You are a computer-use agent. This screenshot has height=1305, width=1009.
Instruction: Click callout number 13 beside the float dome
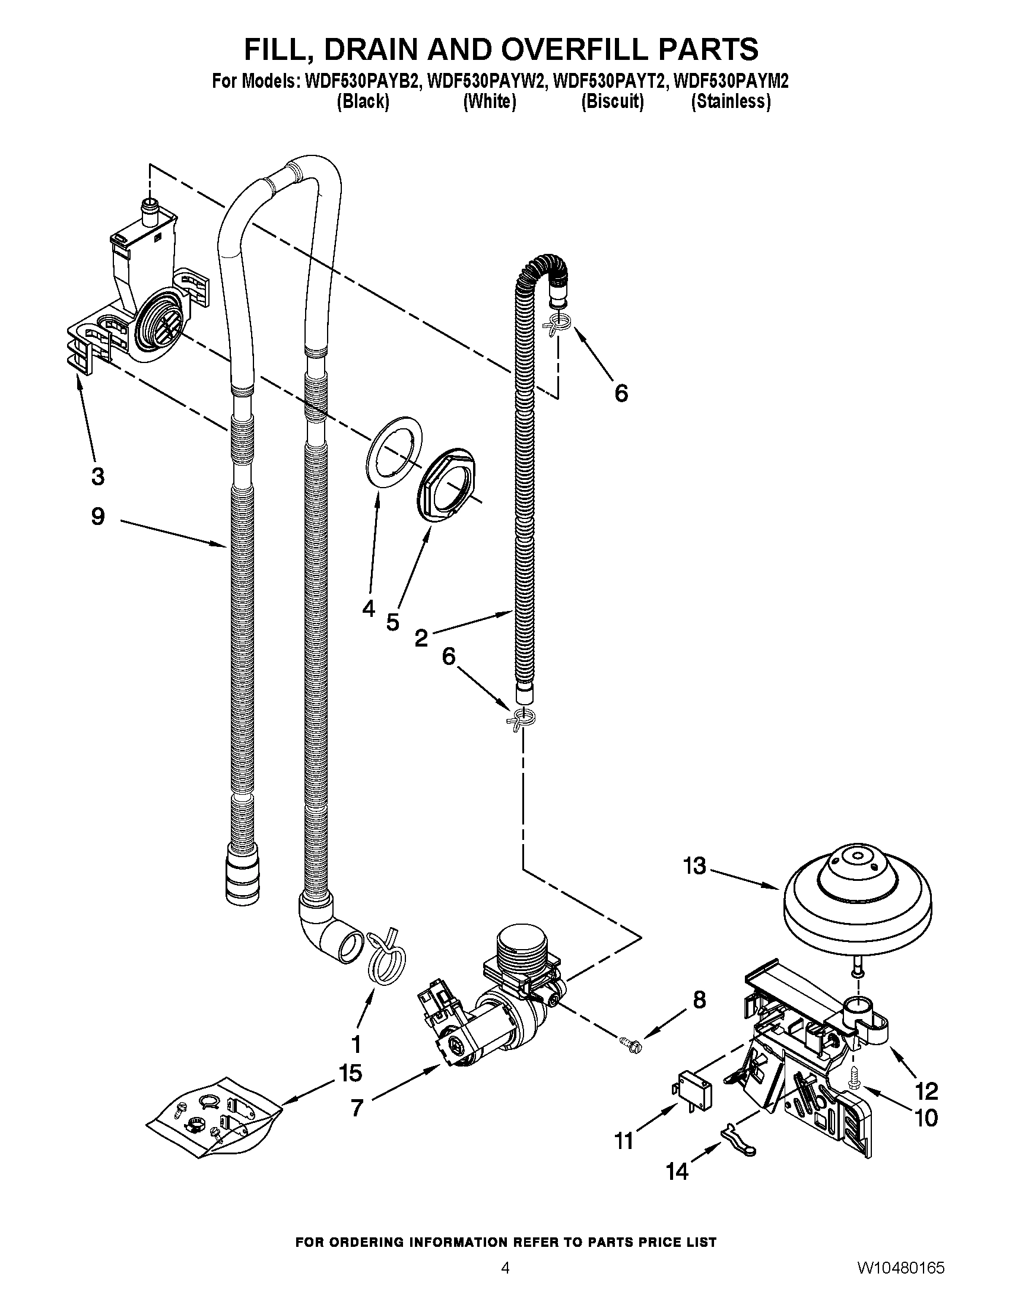point(694,866)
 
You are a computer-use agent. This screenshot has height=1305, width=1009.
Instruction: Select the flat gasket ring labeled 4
point(393,453)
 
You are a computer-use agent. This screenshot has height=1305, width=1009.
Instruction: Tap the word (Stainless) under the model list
point(731,102)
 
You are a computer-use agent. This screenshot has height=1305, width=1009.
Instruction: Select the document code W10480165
point(900,1281)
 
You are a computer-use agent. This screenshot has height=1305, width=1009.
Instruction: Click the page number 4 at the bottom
point(505,1281)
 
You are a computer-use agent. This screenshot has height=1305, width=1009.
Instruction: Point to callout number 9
point(98,516)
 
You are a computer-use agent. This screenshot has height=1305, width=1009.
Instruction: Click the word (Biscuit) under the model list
point(612,102)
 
